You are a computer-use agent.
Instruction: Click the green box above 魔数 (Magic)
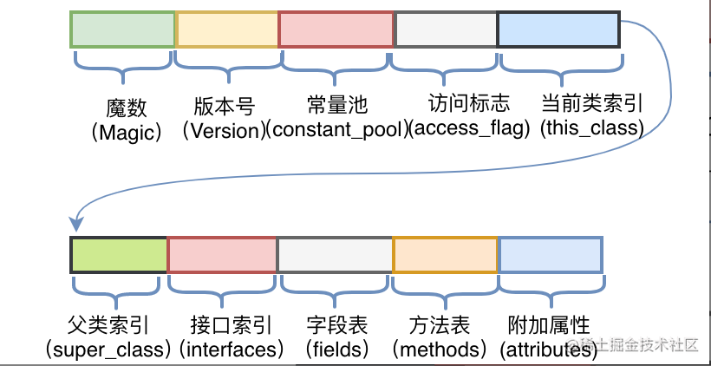pyautogui.click(x=122, y=29)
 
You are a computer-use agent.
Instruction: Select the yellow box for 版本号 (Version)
pyautogui.click(x=226, y=29)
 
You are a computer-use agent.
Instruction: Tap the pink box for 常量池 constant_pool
pyautogui.click(x=336, y=29)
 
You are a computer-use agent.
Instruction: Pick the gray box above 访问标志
pyautogui.click(x=446, y=29)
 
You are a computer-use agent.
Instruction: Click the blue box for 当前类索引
pyautogui.click(x=558, y=29)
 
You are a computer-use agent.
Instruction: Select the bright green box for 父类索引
pyautogui.click(x=119, y=253)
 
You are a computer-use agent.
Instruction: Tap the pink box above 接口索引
pyautogui.click(x=222, y=253)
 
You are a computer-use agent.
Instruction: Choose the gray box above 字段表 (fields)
pyautogui.click(x=335, y=253)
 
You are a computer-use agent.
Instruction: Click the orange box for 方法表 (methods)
pyautogui.click(x=445, y=253)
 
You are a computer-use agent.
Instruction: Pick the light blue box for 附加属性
pyautogui.click(x=550, y=253)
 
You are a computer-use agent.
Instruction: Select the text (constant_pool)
pyautogui.click(x=336, y=130)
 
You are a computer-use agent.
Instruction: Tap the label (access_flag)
pyautogui.click(x=468, y=130)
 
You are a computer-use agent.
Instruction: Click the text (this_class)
pyautogui.click(x=591, y=130)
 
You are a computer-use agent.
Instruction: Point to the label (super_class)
pyautogui.click(x=108, y=350)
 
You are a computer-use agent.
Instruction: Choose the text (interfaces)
pyautogui.click(x=232, y=350)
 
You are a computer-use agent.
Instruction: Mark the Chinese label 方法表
pyautogui.click(x=439, y=326)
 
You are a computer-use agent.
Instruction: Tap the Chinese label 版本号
pyautogui.click(x=225, y=107)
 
